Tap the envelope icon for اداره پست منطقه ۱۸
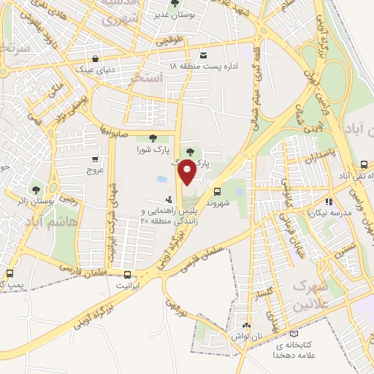click(202, 55)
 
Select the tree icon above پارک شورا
click(152, 138)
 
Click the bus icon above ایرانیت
click(129, 275)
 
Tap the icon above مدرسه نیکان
click(329, 201)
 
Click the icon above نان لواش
click(246, 327)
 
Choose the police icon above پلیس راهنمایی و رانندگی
click(170, 199)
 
